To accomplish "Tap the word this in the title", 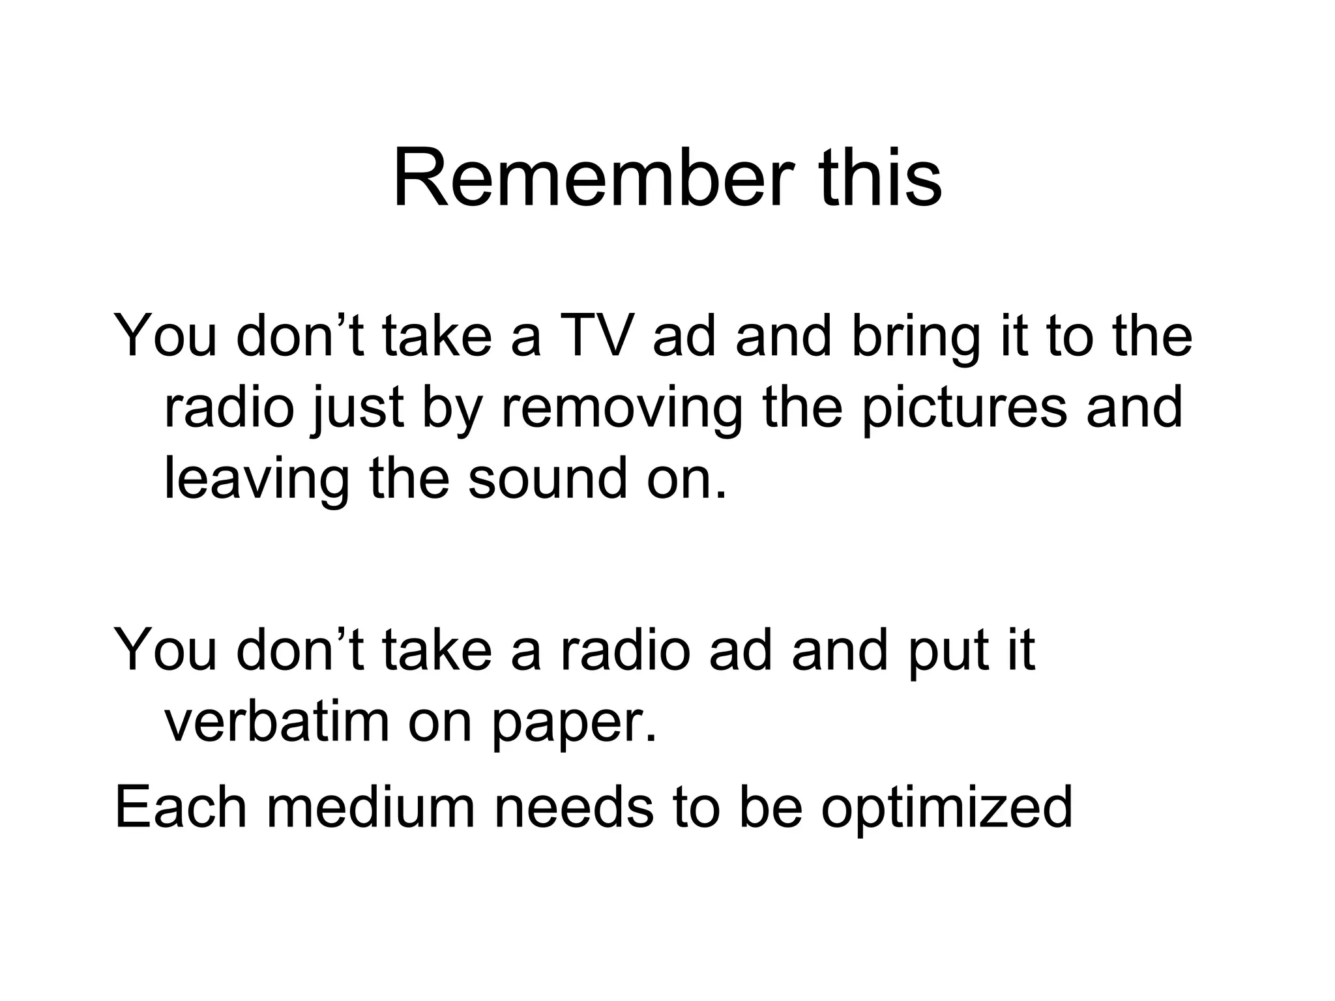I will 881,177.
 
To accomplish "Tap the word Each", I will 180,807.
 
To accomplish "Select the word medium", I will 370,807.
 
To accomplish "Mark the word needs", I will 574,807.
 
